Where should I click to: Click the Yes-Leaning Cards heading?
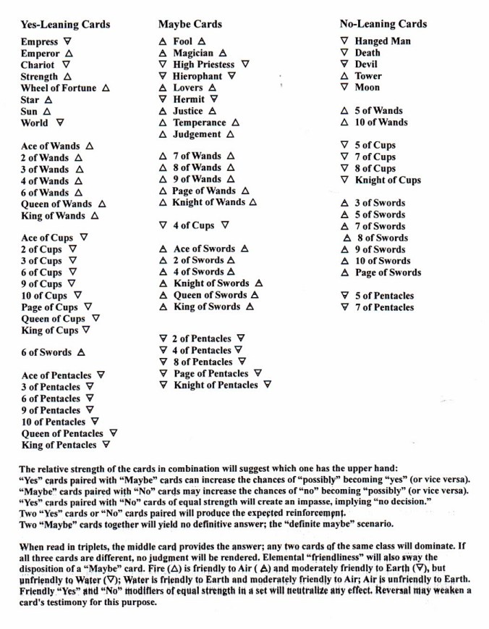click(66, 25)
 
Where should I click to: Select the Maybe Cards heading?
click(190, 25)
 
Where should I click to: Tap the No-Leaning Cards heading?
click(383, 24)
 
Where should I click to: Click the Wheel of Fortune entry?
click(59, 88)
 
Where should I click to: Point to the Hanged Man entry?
click(383, 41)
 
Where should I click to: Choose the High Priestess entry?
click(204, 64)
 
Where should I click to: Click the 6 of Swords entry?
click(47, 352)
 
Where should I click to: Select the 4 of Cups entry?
click(193, 225)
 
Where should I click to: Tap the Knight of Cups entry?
click(388, 180)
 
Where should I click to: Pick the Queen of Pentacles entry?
click(63, 433)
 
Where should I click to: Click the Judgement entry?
click(197, 134)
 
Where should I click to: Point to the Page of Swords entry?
click(388, 272)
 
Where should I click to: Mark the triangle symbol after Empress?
click(68, 42)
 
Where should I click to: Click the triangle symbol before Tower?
click(344, 76)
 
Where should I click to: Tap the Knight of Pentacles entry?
click(216, 385)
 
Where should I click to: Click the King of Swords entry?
click(207, 307)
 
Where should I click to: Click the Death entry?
click(367, 53)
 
